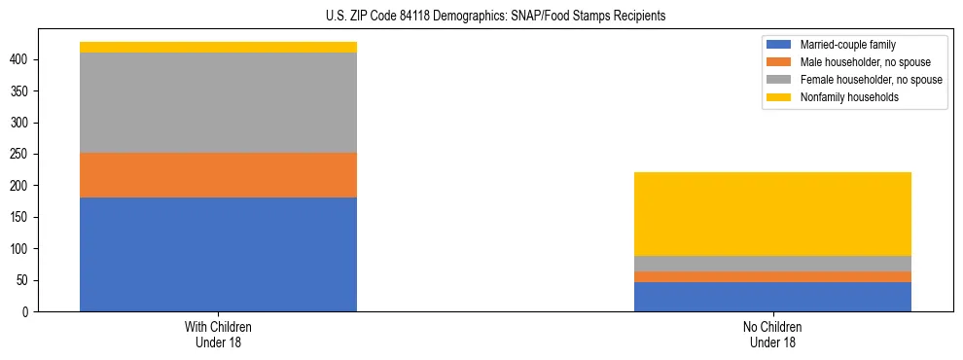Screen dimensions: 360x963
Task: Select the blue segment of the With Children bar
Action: (x=218, y=254)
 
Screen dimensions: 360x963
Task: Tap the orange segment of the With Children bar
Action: (x=218, y=175)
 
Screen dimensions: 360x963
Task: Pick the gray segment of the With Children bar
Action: (x=218, y=102)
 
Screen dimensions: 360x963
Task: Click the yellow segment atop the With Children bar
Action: (x=218, y=47)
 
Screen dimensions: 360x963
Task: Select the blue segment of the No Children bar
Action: (x=772, y=297)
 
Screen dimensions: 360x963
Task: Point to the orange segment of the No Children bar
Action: (x=772, y=277)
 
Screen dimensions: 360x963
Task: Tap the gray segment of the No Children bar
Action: (x=772, y=264)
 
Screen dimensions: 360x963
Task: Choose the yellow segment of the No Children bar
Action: (x=772, y=214)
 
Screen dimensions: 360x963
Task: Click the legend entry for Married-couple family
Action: (x=847, y=45)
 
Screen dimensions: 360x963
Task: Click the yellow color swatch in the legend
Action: (x=779, y=97)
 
